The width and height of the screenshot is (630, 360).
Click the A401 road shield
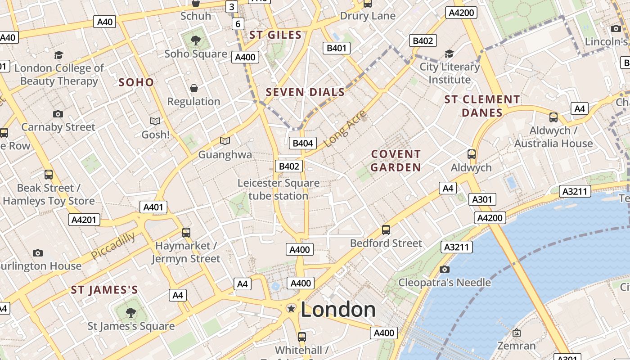coord(153,207)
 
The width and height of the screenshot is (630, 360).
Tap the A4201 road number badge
coord(84,220)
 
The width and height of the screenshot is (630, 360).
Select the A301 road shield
coord(482,199)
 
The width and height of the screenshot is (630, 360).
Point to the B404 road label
coord(302,143)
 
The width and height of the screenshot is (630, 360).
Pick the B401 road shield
coord(336,48)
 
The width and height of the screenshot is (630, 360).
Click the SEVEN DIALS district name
coord(305,92)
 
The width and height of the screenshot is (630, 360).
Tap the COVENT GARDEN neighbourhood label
coord(396,161)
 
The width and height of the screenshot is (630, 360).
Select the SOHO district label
coord(136,82)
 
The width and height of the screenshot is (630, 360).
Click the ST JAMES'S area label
coord(104,290)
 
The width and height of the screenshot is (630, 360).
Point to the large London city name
coord(338,310)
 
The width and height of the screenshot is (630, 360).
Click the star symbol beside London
coord(291,309)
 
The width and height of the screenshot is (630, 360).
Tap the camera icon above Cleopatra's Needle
coord(445,269)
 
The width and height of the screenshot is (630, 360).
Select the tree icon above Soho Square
coord(196,40)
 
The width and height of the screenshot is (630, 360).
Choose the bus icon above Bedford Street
coord(386,230)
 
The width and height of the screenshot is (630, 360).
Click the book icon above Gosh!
coord(155,121)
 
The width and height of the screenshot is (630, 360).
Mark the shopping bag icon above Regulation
coord(194,88)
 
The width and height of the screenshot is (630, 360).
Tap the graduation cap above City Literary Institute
coord(449,54)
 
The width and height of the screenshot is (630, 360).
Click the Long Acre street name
coord(345,128)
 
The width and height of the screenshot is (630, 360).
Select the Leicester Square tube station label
coord(278,189)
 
